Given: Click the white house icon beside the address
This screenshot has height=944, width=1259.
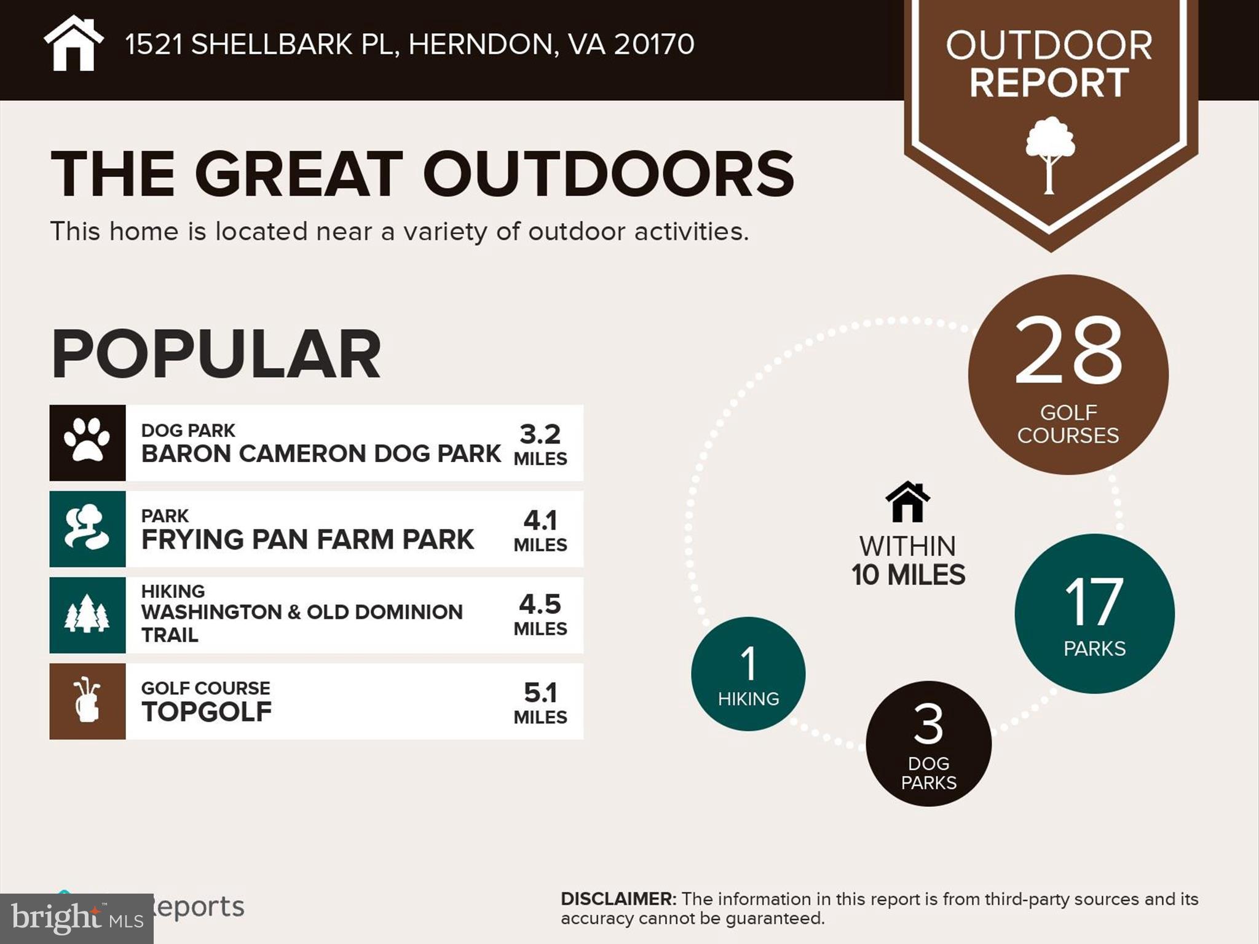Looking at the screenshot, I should click(73, 44).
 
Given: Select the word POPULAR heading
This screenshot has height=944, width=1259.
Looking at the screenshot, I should click(216, 354).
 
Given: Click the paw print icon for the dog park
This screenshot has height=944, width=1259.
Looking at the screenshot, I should click(87, 441).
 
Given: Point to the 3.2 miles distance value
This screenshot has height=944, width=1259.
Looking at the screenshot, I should click(540, 444).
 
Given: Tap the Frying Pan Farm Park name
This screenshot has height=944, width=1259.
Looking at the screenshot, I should click(307, 540).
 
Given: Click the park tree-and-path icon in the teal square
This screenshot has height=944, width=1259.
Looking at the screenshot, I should click(87, 528).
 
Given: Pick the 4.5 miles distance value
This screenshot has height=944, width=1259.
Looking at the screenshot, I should click(540, 614).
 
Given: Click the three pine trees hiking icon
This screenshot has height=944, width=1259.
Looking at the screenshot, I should click(87, 614).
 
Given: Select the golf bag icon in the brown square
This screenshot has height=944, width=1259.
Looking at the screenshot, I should click(87, 700).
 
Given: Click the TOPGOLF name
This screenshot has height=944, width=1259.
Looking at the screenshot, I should click(207, 712).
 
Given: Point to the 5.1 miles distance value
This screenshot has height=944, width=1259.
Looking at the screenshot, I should click(540, 702).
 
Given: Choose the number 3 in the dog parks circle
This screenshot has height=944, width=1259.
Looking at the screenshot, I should click(928, 724).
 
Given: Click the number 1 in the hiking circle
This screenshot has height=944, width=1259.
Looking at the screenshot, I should click(748, 664).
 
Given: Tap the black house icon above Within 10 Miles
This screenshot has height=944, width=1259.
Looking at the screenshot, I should click(907, 502).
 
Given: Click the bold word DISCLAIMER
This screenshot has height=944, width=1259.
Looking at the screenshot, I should click(618, 899).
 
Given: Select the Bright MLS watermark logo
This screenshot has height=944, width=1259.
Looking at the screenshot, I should click(77, 918).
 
